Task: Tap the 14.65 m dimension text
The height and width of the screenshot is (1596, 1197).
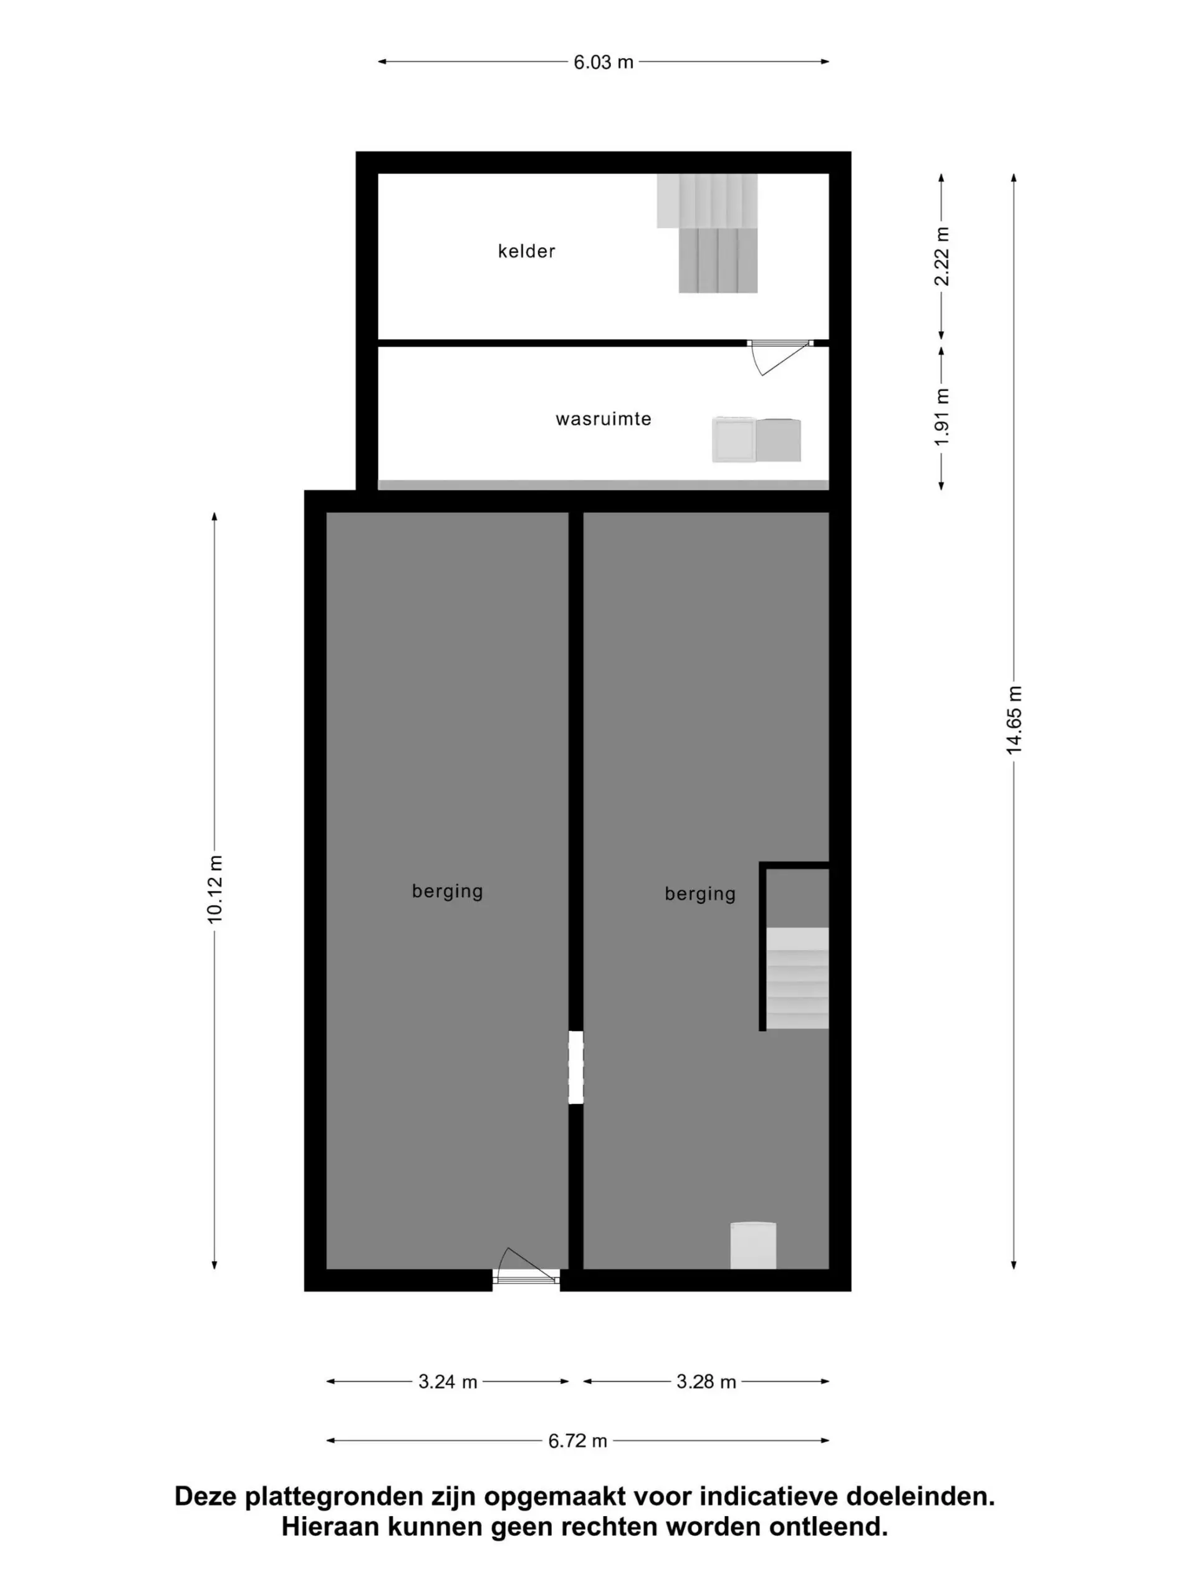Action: tap(1014, 720)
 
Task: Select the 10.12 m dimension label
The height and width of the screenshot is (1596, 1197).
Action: tap(215, 888)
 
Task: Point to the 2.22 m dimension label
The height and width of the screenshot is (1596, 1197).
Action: tap(941, 256)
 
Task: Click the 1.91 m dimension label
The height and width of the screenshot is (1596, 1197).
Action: tap(941, 417)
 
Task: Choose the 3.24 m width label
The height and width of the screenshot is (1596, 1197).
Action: tap(448, 1382)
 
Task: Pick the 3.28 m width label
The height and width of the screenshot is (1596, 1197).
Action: tap(706, 1382)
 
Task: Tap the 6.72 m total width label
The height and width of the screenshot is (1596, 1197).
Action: tap(577, 1441)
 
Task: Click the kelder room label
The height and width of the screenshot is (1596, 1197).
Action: tap(526, 251)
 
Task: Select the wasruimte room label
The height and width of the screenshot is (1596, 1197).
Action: tap(603, 419)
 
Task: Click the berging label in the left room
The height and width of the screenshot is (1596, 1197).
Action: tap(448, 891)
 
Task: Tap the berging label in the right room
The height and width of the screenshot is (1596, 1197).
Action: tap(700, 894)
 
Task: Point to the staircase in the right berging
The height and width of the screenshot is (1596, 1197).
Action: tap(797, 978)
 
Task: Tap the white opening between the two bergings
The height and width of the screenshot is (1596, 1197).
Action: tap(576, 1068)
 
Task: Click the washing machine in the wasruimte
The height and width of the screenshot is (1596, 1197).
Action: tap(733, 440)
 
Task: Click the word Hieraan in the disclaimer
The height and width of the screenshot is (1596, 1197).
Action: tap(330, 1527)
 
